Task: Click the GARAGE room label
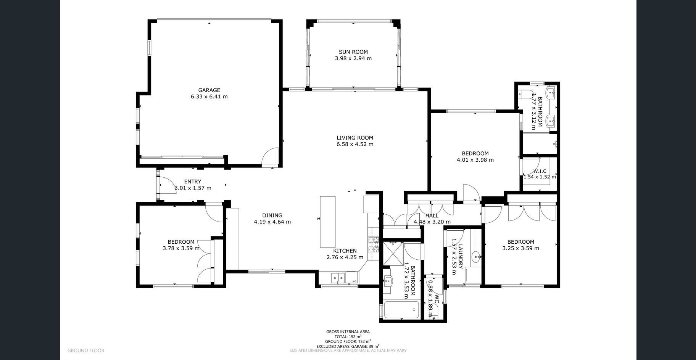coord(209,90)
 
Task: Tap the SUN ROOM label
coord(353,52)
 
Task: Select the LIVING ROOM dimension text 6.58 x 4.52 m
coord(355,144)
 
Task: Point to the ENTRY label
coord(192,182)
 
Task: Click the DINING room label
coord(272,215)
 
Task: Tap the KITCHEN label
coord(345,251)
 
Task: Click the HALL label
coord(432,215)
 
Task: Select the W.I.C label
coord(540,171)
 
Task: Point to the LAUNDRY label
coord(461,257)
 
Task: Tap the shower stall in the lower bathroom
coord(393,252)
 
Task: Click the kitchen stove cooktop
coord(373,245)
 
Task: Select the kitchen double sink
coord(338,278)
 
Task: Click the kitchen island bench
coord(328,222)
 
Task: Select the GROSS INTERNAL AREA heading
coord(348,332)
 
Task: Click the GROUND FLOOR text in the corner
coord(86,350)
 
